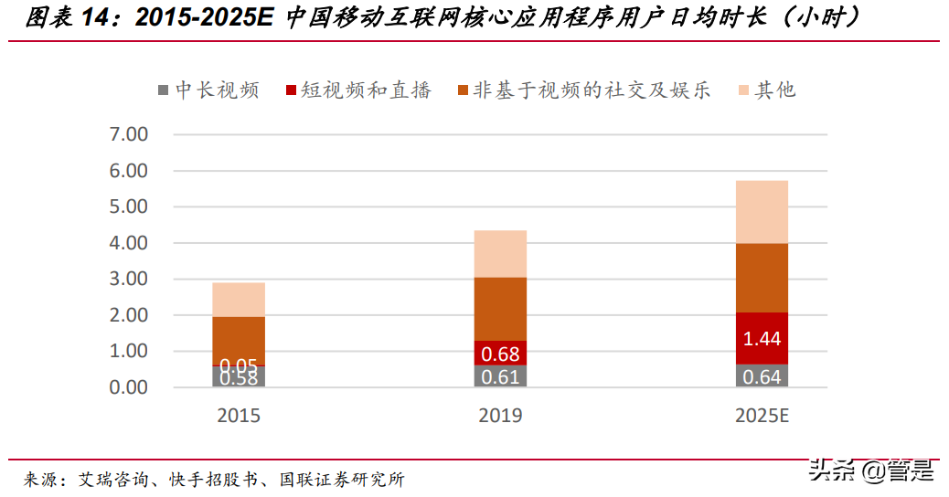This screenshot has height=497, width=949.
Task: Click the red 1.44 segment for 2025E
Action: tap(762, 338)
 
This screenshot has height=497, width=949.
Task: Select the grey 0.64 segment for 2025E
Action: tap(762, 375)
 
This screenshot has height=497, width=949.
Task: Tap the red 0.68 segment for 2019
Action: tap(500, 353)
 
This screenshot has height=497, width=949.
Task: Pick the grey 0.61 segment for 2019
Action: tap(500, 376)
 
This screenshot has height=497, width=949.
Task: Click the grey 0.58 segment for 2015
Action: tap(239, 377)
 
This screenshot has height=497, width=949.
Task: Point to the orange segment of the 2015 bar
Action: tap(239, 341)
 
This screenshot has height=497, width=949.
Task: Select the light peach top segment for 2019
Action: tap(500, 253)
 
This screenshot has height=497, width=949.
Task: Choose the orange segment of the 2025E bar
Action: tap(762, 278)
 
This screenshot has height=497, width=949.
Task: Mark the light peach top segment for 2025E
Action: tap(762, 211)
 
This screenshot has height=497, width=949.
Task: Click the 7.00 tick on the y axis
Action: tap(128, 135)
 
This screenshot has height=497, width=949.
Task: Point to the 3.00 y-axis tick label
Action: tap(128, 280)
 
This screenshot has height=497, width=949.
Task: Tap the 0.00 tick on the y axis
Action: tap(128, 387)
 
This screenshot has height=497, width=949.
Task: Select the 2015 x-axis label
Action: tap(239, 417)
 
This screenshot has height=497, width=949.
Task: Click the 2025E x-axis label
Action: tap(762, 417)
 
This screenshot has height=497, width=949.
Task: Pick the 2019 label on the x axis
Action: tap(500, 417)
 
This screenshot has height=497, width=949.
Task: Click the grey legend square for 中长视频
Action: tap(163, 90)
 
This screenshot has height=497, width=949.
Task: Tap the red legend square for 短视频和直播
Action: tap(292, 90)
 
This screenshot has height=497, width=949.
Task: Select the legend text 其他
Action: tap(774, 90)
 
